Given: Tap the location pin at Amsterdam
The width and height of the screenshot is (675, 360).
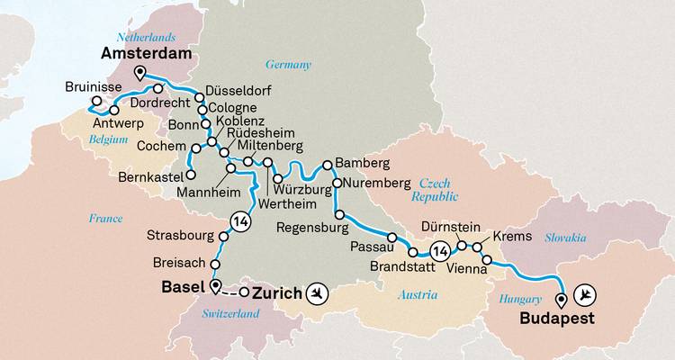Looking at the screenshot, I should tap(139, 74).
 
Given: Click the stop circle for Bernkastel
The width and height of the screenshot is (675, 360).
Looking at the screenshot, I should tap(191, 175).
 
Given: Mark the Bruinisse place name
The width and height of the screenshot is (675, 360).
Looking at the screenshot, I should tap(95, 89).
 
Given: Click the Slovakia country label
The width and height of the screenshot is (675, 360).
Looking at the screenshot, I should tap(563, 237).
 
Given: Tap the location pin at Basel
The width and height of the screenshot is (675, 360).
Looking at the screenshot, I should tap(215, 287).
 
